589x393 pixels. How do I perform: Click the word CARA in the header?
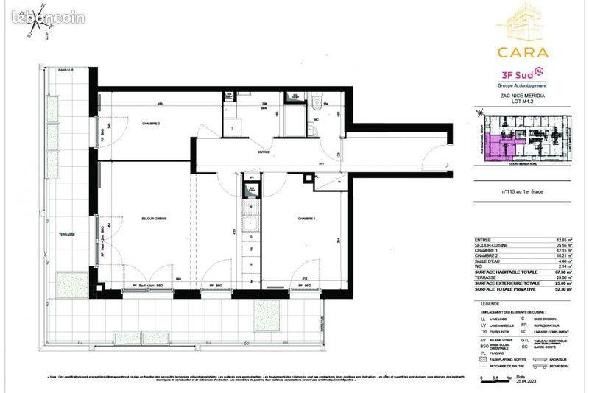(x=522, y=52)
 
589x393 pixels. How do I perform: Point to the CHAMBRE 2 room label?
(x=151, y=124)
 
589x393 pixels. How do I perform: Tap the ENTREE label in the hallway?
(x=264, y=152)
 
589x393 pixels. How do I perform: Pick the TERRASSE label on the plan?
(x=68, y=234)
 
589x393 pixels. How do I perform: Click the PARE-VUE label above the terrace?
(x=57, y=70)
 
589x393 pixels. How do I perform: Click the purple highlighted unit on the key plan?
(x=496, y=147)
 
